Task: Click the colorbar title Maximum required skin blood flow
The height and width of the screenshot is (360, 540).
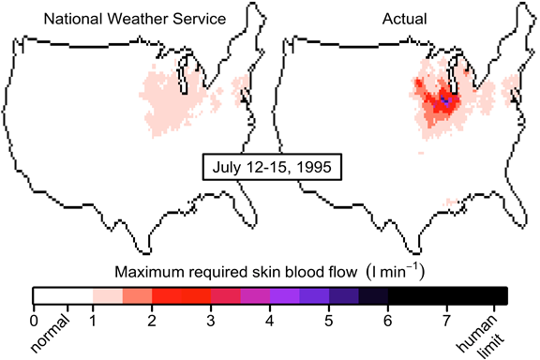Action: [x=234, y=272]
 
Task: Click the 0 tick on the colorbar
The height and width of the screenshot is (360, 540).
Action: [x=34, y=320]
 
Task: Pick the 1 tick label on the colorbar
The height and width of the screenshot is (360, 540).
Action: [x=93, y=320]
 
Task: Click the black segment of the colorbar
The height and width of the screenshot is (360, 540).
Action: [x=450, y=296]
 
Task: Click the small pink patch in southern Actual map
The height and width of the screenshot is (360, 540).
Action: [x=453, y=201]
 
